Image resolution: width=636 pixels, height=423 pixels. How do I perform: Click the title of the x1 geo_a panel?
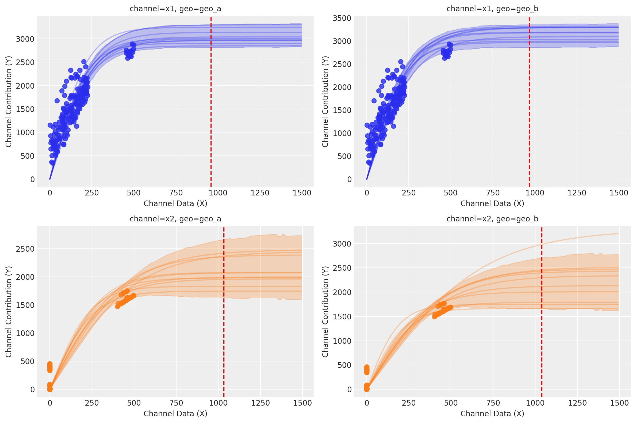click(175, 9)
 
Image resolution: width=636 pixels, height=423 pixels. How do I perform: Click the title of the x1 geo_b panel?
click(492, 9)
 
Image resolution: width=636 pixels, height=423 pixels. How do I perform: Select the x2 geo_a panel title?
click(175, 219)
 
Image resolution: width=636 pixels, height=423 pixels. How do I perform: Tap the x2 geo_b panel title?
click(492, 219)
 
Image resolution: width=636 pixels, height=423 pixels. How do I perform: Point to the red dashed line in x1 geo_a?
click(211, 108)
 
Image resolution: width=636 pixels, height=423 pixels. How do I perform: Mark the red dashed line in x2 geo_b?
click(542, 324)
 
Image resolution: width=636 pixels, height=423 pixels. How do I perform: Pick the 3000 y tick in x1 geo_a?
click(25, 39)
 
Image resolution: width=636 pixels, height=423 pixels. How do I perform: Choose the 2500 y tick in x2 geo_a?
click(25, 249)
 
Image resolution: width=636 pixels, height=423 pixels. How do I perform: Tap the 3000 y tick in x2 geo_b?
click(342, 244)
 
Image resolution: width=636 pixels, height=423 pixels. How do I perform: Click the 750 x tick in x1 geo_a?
click(176, 193)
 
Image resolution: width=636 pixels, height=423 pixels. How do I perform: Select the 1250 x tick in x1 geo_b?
click(577, 193)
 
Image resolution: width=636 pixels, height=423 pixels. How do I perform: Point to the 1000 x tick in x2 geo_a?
click(218, 403)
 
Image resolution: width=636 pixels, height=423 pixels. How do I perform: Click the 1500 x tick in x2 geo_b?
click(619, 403)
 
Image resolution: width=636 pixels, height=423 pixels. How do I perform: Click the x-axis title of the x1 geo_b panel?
click(492, 203)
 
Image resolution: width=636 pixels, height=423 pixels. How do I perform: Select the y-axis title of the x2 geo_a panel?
click(9, 312)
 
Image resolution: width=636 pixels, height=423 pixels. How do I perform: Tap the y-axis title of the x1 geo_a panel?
click(9, 101)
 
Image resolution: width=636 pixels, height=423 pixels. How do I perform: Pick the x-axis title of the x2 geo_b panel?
click(492, 414)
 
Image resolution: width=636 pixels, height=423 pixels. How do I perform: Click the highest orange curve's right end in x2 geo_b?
click(618, 234)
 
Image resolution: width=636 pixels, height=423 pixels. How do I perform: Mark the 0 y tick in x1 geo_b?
click(349, 179)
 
